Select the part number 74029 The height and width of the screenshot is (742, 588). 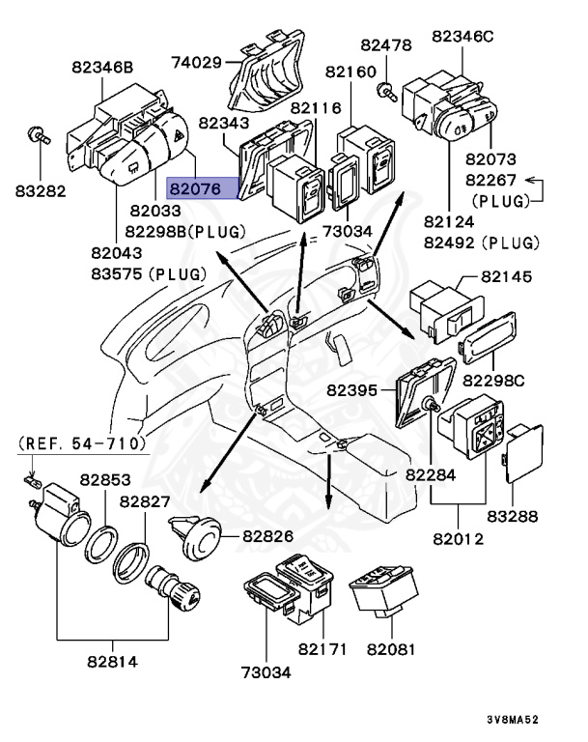click(x=195, y=64)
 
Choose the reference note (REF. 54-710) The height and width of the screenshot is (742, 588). click(x=81, y=443)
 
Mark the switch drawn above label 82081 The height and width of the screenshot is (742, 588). click(x=384, y=587)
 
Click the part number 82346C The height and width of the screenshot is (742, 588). click(x=462, y=36)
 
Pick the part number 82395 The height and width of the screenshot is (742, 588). click(x=352, y=390)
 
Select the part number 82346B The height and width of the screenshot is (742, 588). click(x=101, y=68)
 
